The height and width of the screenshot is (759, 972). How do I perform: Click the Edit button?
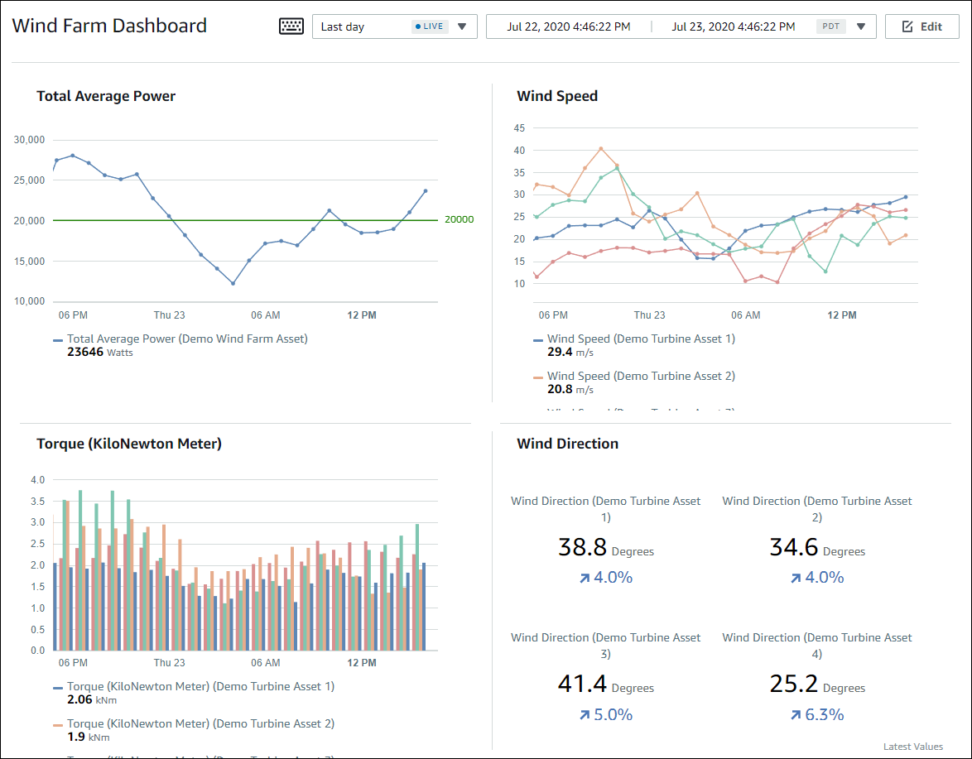[x=922, y=26]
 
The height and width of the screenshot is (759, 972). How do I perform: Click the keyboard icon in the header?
[x=291, y=26]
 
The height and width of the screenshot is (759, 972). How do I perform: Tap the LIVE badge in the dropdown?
[x=429, y=26]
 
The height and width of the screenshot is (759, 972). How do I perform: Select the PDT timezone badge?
[x=830, y=26]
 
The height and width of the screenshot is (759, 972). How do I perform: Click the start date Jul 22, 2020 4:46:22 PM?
[x=568, y=26]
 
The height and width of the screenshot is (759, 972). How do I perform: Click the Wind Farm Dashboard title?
[x=109, y=26]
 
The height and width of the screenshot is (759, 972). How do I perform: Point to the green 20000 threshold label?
[x=459, y=219]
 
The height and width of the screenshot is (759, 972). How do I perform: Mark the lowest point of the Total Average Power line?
[x=233, y=283]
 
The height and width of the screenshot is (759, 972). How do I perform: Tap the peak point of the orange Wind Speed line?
[x=600, y=149]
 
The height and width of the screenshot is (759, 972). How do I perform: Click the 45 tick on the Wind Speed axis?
[x=520, y=128]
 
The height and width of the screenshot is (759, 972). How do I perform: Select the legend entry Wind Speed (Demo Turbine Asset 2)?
[x=641, y=376]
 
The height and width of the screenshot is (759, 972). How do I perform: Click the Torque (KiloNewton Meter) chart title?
[x=129, y=444]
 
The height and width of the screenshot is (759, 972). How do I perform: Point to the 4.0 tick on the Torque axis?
[x=37, y=480]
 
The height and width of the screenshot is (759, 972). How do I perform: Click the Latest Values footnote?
[x=912, y=747]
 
